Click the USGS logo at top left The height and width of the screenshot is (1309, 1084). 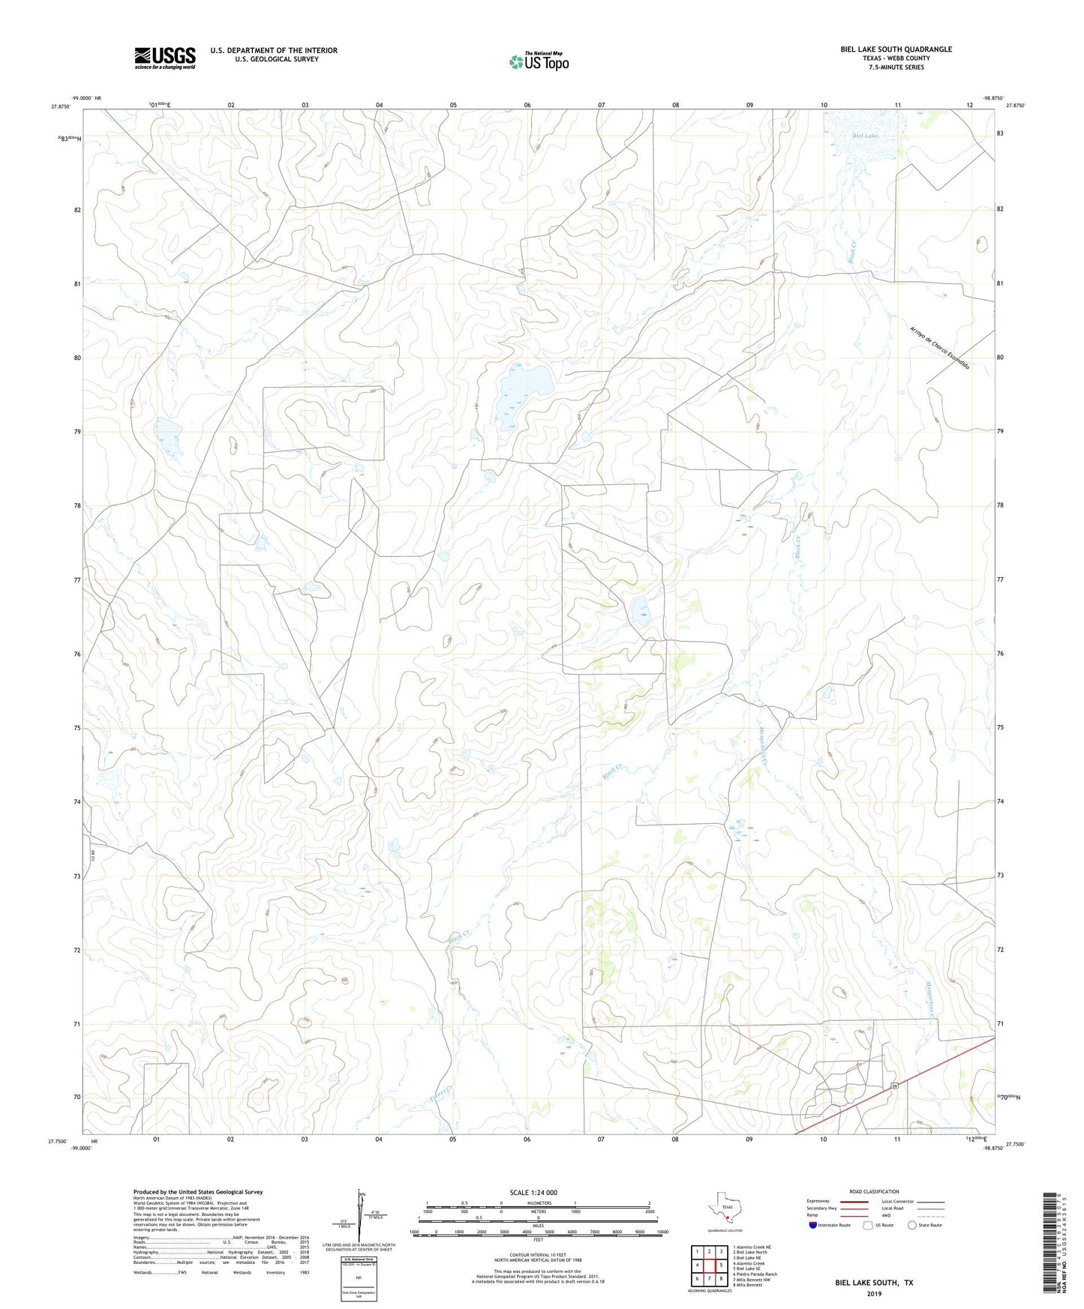click(x=165, y=58)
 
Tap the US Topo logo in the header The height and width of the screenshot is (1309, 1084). click(x=539, y=61)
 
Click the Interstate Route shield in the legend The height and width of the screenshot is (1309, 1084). click(x=814, y=1226)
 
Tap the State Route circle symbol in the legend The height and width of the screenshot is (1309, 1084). click(x=912, y=1226)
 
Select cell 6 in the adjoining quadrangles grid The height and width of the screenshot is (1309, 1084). click(x=697, y=1278)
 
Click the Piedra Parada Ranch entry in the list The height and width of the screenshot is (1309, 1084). click(x=755, y=1274)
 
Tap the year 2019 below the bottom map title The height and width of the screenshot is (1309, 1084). click(x=873, y=1293)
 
